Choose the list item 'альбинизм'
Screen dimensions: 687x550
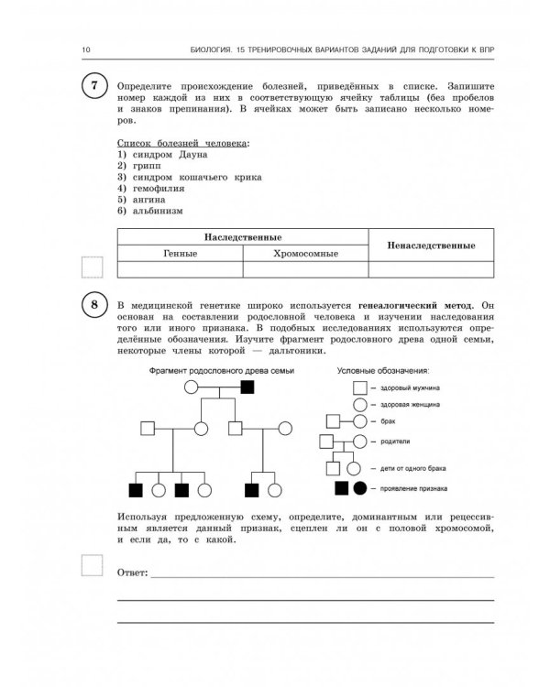156,210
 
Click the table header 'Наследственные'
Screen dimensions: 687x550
242,236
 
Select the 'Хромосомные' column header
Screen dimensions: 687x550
305,253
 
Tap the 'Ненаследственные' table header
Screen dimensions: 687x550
432,245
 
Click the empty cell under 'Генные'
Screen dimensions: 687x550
181,269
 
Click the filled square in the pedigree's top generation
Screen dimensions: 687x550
247,387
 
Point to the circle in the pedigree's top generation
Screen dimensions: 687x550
192,387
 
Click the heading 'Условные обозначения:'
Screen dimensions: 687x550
383,370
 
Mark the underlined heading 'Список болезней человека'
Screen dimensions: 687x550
183,143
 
